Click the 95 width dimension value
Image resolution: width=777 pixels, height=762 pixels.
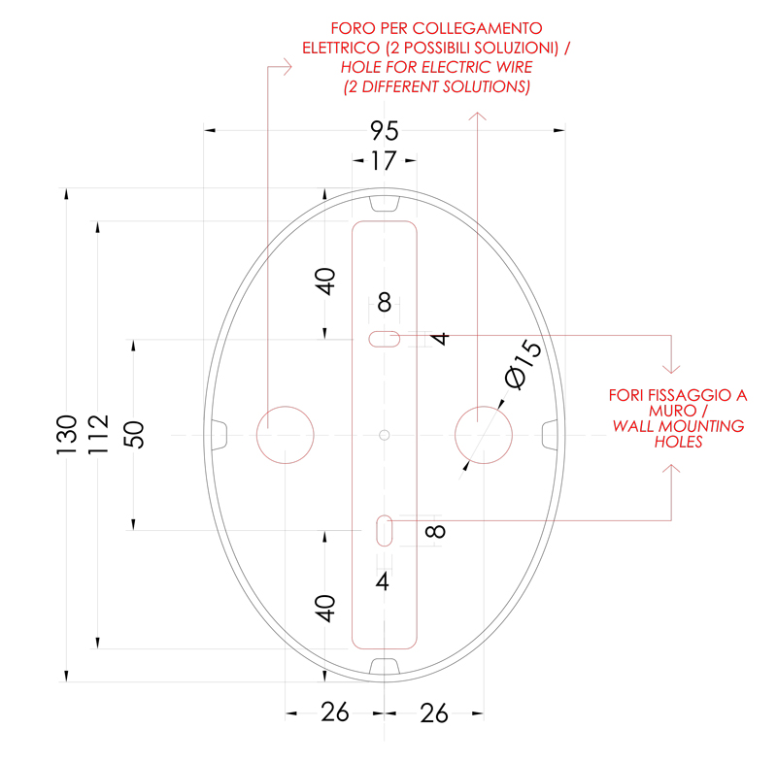pyautogui.click(x=384, y=131)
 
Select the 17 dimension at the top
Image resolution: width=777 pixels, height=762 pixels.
pyautogui.click(x=384, y=161)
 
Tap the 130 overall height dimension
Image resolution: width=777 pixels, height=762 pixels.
pyautogui.click(x=67, y=435)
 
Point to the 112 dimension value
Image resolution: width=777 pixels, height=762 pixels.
pyautogui.click(x=98, y=435)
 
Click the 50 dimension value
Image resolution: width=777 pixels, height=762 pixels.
pyautogui.click(x=134, y=435)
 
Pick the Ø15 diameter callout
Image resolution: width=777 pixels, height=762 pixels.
pyautogui.click(x=523, y=364)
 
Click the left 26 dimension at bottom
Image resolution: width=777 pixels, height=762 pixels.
pyautogui.click(x=335, y=712)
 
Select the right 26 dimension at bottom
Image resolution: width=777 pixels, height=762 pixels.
pyautogui.click(x=434, y=713)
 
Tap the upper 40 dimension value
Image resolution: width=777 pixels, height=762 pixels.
pyautogui.click(x=325, y=282)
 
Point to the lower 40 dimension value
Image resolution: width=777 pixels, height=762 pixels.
pyautogui.click(x=325, y=608)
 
